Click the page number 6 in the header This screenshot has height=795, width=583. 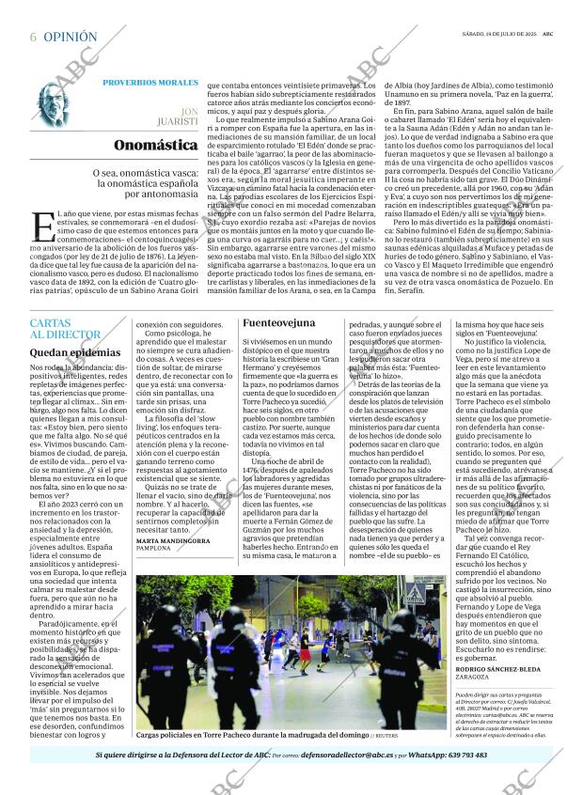pyautogui.click(x=33, y=37)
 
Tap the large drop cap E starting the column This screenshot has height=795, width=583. pyautogui.click(x=39, y=226)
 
